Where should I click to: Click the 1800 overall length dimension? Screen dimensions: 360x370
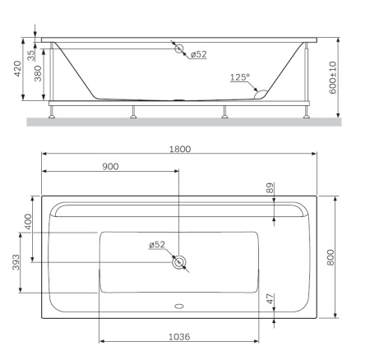(180, 149)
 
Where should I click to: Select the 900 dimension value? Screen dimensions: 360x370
(110, 166)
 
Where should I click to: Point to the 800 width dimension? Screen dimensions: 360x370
(331, 256)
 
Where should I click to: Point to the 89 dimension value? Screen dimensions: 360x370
(270, 189)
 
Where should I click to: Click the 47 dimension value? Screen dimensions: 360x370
(270, 301)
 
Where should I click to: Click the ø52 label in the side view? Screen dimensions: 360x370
(198, 55)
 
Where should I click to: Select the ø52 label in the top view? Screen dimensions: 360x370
(157, 245)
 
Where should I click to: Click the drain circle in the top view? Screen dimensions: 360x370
(178, 262)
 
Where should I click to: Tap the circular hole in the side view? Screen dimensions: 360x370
(178, 48)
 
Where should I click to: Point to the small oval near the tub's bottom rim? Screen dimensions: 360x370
(178, 310)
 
